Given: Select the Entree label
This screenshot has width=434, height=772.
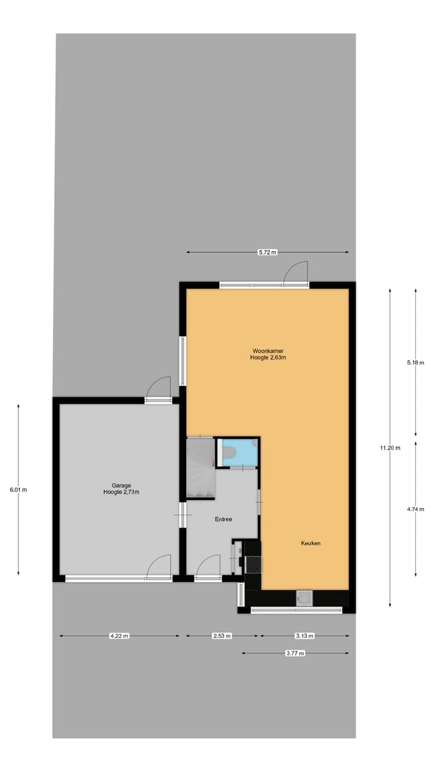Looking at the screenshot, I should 224,519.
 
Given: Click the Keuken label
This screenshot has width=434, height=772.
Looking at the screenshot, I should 310,543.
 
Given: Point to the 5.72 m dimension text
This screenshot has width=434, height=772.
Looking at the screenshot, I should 267,252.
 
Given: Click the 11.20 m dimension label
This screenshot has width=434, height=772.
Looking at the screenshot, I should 389,448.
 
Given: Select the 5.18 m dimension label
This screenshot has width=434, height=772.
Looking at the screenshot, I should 416,362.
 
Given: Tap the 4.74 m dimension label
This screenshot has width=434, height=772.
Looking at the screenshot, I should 416,509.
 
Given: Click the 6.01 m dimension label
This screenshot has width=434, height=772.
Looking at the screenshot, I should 18,490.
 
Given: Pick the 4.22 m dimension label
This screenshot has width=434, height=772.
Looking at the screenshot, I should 119,636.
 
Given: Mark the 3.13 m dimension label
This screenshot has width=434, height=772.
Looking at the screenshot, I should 304,636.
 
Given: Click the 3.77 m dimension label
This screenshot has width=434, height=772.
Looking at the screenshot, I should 295,653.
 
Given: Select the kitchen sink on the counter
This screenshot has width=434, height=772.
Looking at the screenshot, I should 305,598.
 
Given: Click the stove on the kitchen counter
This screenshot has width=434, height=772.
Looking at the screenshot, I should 254,563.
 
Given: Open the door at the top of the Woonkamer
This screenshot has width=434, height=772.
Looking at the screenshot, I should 296,273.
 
